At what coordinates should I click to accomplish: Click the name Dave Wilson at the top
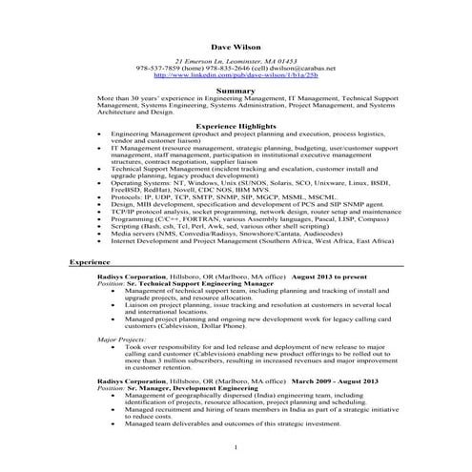coord(235,44)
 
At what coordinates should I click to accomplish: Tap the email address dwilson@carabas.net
coord(301,69)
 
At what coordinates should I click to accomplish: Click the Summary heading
coord(235,90)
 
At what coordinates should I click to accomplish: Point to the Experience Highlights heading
coord(235,126)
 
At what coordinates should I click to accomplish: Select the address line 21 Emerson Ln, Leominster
coord(235,61)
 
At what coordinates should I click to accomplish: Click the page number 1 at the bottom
coord(235,447)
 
